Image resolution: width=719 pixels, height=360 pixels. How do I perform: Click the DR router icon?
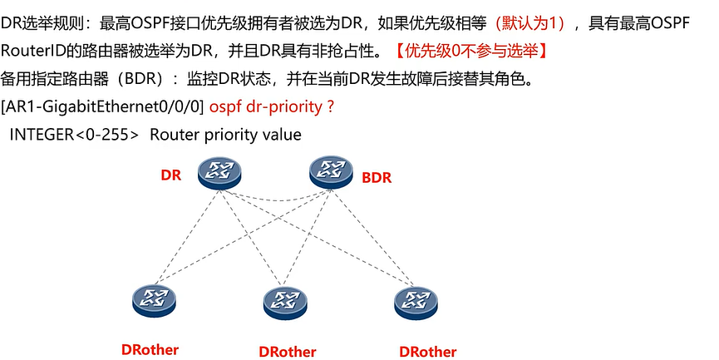pos(220,172)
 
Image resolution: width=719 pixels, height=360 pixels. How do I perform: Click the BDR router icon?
pos(331,170)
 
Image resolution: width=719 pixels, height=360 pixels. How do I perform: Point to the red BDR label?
pos(377,177)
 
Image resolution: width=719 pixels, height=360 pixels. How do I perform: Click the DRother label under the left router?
pos(149,349)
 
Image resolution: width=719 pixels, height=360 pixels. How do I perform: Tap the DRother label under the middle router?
pos(287,351)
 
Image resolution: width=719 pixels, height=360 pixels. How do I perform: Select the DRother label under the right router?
pos(427,351)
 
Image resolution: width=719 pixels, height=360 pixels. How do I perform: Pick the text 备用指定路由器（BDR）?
pos(80,80)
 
